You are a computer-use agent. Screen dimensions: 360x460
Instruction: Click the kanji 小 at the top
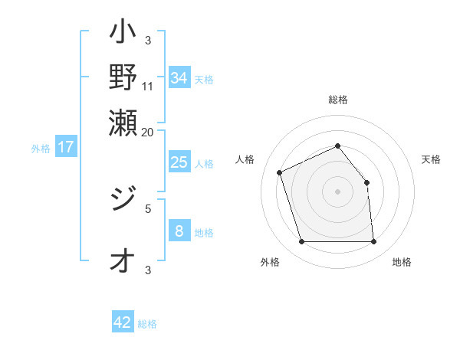coord(123,35)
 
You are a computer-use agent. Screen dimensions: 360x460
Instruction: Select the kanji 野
coord(123,77)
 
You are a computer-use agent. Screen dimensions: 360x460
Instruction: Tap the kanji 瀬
coord(123,120)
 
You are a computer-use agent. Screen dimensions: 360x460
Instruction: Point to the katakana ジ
coord(123,201)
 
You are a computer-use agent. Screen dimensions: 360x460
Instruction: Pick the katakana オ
coord(122,262)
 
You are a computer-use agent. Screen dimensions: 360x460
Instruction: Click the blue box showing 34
coord(179,77)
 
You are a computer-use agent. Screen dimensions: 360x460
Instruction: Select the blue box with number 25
coord(179,162)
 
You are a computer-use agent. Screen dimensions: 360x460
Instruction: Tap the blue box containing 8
coord(179,231)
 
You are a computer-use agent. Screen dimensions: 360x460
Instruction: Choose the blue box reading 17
coord(66,147)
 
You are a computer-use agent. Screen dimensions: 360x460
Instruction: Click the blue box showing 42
coord(123,322)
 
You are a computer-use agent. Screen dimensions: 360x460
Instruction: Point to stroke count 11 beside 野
coord(148,86)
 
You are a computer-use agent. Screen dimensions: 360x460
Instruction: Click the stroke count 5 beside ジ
coord(148,207)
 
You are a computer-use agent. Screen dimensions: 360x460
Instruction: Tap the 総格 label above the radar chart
coord(337,100)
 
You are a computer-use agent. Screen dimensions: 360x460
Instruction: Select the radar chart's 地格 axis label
coord(402,262)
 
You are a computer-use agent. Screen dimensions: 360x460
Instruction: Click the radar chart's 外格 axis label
coord(270,262)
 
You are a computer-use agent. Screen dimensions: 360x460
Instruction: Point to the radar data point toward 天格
coord(366,182)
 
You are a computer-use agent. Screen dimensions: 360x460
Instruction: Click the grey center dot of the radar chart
coord(337,191)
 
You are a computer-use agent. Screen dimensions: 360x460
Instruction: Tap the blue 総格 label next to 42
coord(147,324)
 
